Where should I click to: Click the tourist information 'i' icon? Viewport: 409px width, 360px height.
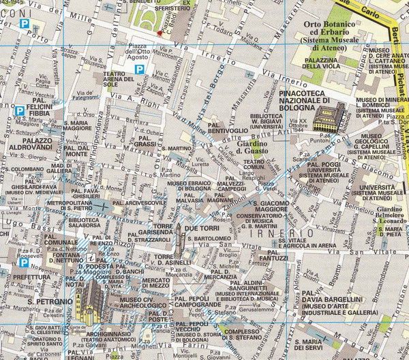tap(91, 259)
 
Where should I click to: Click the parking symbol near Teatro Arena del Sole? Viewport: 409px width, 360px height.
tap(139, 70)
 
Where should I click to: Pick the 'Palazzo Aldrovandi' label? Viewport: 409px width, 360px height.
tap(32, 144)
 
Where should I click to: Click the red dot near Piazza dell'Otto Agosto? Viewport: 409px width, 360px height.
tap(160, 32)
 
